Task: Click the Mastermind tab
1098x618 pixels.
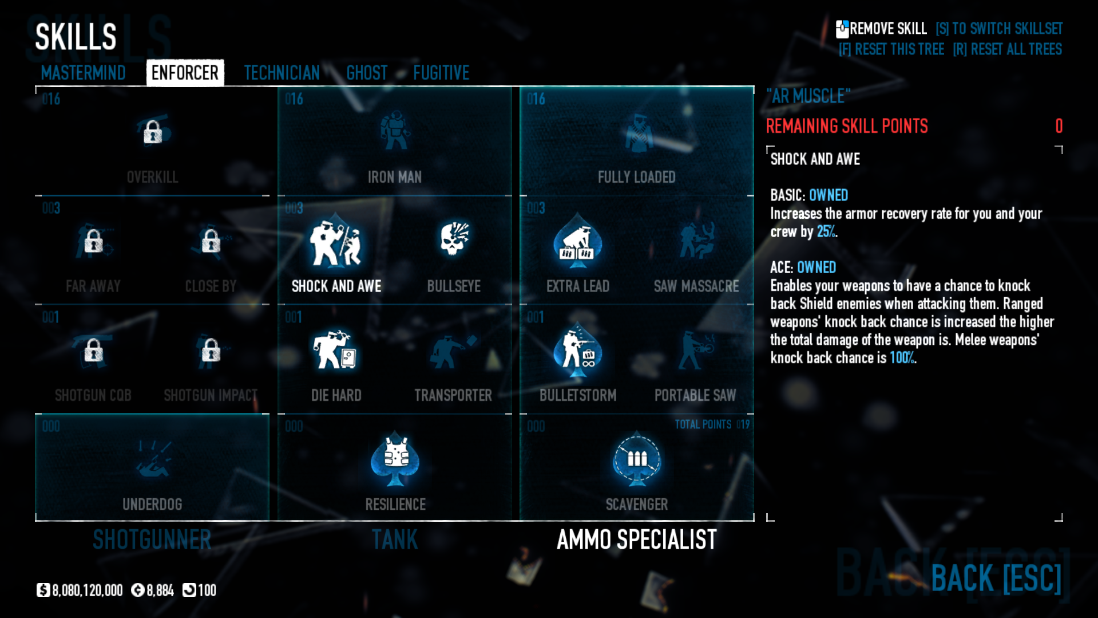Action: click(x=83, y=73)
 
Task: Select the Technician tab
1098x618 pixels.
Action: click(x=282, y=73)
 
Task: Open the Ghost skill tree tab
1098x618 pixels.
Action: click(x=367, y=73)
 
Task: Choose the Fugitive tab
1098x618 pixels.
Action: click(x=441, y=73)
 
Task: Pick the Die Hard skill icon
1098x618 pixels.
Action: click(x=336, y=350)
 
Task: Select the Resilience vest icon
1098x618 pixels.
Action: click(x=395, y=459)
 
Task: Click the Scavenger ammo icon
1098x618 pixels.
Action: click(x=637, y=459)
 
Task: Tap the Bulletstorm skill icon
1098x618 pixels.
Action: click(x=577, y=350)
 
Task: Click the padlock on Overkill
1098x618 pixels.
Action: click(x=152, y=132)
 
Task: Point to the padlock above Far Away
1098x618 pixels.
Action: click(x=93, y=241)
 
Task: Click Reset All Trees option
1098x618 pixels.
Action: click(x=1007, y=49)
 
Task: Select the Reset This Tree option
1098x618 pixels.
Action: click(x=891, y=49)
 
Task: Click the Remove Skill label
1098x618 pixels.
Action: click(x=887, y=29)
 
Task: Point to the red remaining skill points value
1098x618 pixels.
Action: click(x=1059, y=126)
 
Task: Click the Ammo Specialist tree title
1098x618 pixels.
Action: click(x=636, y=540)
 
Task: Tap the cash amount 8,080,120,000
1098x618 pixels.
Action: click(x=87, y=591)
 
